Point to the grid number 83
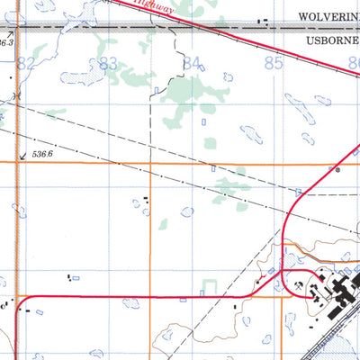pyautogui.click(x=109, y=63)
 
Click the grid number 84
pyautogui.click(x=191, y=63)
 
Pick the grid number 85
pyautogui.click(x=274, y=63)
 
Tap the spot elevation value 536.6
pyautogui.click(x=43, y=155)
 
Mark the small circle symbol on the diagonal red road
pyautogui.click(x=337, y=168)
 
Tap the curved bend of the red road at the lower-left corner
pyautogui.click(x=22, y=301)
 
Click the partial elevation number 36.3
pyautogui.click(x=7, y=42)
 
